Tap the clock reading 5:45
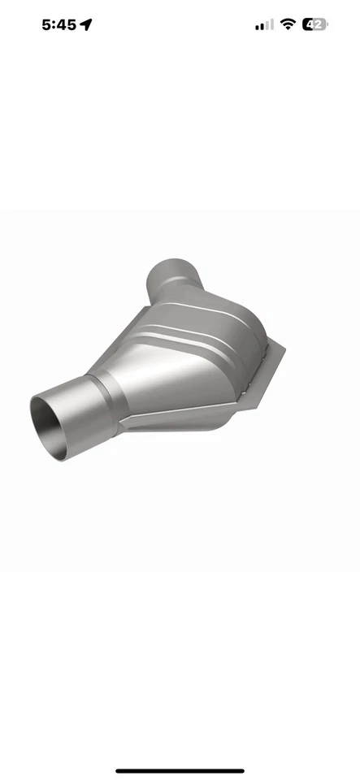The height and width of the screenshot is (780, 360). point(59,24)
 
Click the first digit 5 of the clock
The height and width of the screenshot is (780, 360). point(46,24)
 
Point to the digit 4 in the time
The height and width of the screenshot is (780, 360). point(61,24)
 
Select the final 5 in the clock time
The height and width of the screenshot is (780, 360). point(72,24)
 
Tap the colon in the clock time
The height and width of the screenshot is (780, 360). point(54,24)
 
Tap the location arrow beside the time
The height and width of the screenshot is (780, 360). point(86,24)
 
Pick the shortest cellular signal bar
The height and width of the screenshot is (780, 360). point(257,28)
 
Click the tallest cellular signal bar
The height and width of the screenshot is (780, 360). point(271,24)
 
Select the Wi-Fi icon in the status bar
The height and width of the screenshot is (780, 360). point(288,24)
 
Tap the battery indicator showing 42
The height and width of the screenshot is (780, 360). point(314,24)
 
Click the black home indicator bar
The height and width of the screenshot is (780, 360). point(180,771)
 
